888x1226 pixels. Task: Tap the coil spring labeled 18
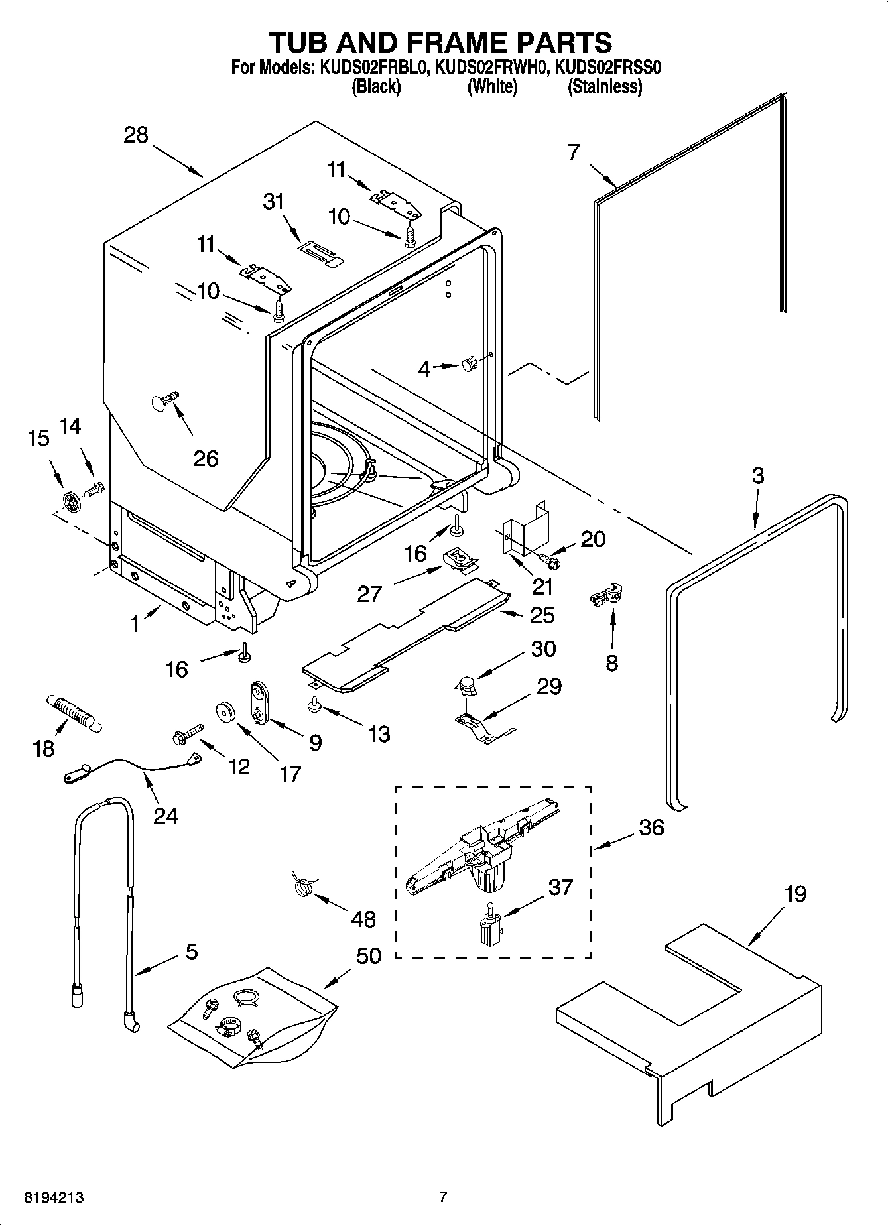tap(72, 713)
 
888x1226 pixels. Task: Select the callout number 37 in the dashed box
tap(560, 887)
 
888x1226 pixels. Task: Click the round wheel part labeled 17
tap(226, 713)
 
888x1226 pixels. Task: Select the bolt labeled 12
tap(186, 733)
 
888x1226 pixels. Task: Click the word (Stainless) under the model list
tap(604, 86)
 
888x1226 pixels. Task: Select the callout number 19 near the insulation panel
tap(795, 894)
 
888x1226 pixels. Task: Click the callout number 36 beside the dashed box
tap(651, 827)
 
